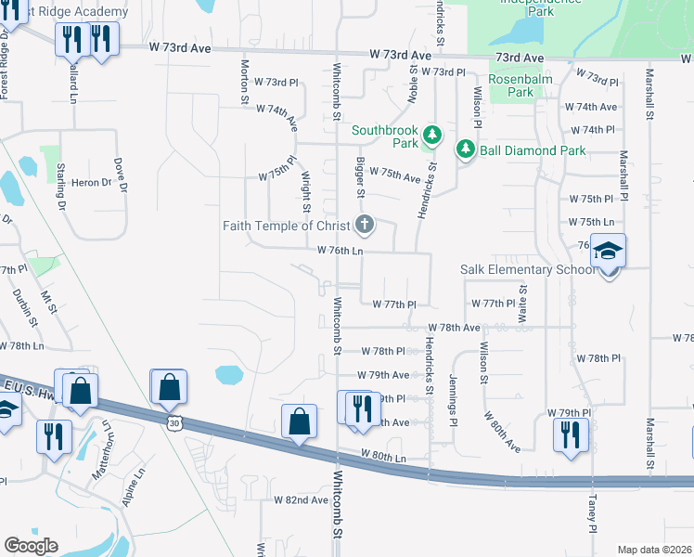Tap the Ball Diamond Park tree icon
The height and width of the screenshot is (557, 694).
(464, 149)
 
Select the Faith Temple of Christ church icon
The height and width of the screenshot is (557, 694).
(365, 225)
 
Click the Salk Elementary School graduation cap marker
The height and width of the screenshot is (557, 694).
(608, 252)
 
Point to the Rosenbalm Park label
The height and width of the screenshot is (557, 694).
(521, 85)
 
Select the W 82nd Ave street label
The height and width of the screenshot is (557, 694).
(301, 499)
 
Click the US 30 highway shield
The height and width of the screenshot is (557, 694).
(175, 422)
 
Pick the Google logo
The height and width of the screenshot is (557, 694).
(31, 545)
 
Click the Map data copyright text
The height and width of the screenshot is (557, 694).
(655, 550)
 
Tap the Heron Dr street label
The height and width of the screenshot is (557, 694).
(92, 183)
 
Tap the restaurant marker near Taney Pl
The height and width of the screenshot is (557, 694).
(568, 434)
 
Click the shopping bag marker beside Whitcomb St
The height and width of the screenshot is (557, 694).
(300, 422)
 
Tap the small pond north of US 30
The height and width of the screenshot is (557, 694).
(228, 375)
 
